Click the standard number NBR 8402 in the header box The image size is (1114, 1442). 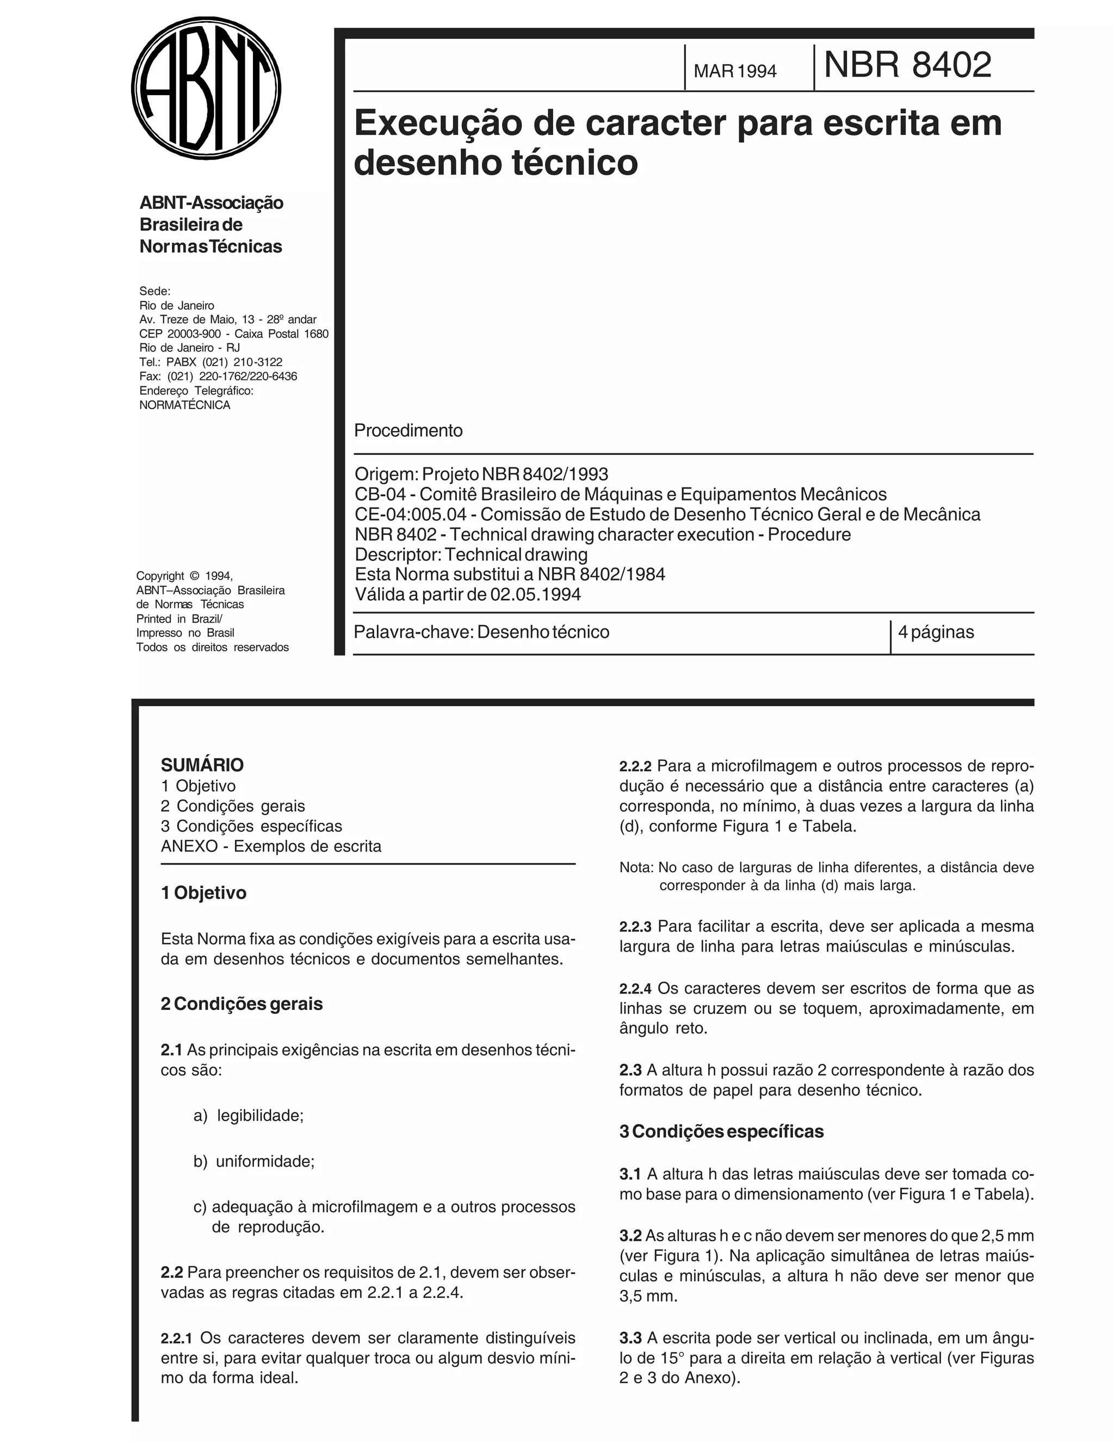(907, 65)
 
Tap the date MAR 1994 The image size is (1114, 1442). (734, 71)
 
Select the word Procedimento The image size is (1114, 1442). (408, 430)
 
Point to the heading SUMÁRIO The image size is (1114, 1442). (202, 765)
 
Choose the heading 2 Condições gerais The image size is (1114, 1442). (242, 1003)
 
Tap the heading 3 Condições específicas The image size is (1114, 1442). (721, 1131)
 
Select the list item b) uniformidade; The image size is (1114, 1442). (253, 1161)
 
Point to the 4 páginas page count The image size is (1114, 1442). (936, 632)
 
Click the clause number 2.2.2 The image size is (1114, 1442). (635, 767)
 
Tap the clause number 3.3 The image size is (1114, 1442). (630, 1339)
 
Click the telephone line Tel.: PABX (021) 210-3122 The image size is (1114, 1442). (211, 362)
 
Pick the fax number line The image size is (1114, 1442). (218, 377)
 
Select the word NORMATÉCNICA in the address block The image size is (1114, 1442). (185, 405)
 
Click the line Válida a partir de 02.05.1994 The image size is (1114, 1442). (467, 594)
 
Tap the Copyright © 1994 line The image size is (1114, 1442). (184, 576)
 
